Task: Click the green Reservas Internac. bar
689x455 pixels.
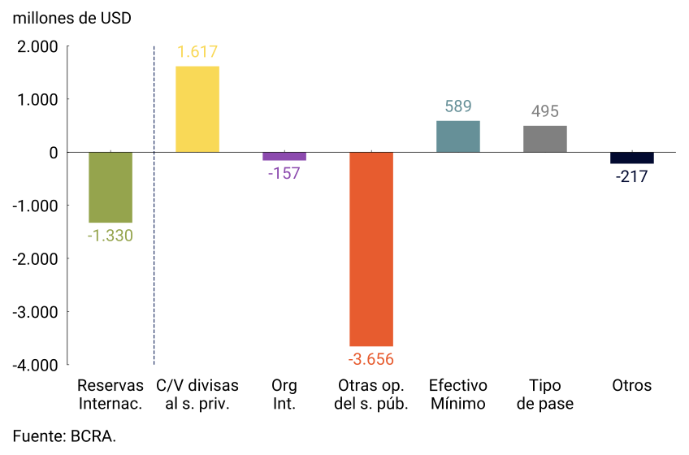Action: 110,187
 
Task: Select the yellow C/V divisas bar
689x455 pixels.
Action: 197,109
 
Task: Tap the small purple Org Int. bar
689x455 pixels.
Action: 284,156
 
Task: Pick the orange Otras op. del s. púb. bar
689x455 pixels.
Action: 371,249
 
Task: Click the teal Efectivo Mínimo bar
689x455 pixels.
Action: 458,136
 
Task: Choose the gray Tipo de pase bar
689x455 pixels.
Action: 545,139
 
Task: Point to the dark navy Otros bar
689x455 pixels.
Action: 632,158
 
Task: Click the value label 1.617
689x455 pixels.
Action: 197,53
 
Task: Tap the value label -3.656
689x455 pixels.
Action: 371,359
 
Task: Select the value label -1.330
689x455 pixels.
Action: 110,236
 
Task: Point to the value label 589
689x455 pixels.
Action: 458,106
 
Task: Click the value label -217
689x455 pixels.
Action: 632,176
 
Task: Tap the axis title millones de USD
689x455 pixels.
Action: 71,18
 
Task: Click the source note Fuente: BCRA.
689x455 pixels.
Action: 64,436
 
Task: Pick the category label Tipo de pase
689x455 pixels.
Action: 545,395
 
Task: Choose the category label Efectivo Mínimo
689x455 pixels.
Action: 458,395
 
